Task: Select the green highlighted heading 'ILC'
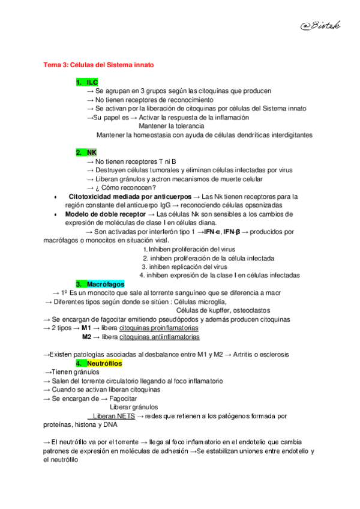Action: [87, 82]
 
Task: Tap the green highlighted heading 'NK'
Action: [86, 152]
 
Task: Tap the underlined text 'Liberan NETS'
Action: [113, 416]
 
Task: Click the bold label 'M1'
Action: [86, 329]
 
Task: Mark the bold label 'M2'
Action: [86, 338]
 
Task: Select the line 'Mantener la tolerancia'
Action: [171, 126]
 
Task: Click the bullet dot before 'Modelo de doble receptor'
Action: [55, 214]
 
